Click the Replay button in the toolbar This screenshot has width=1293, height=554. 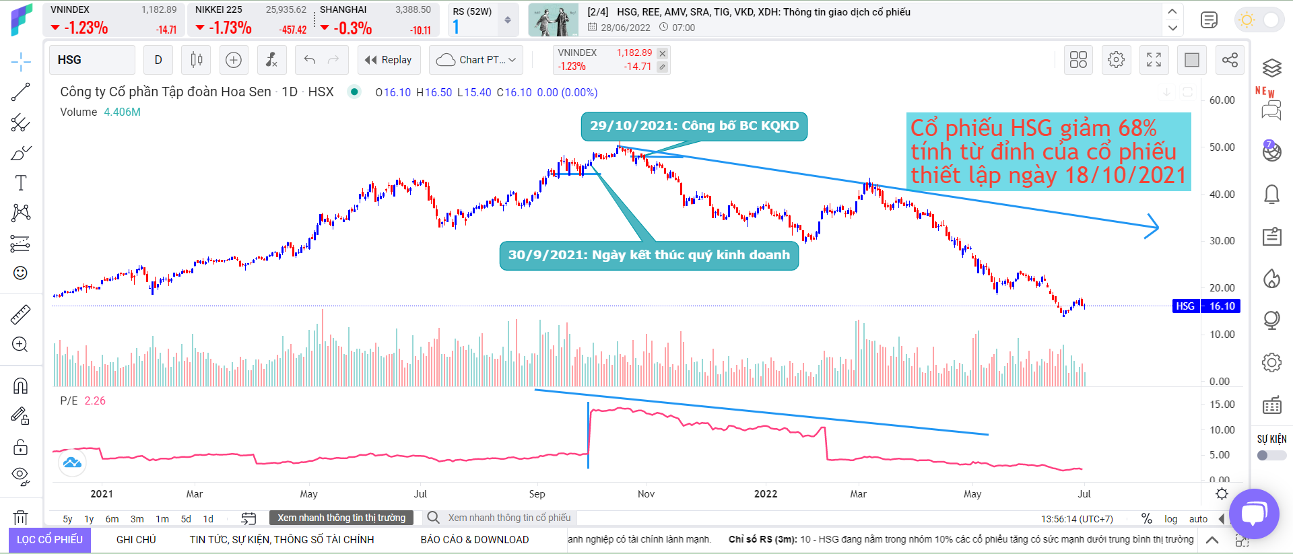pyautogui.click(x=389, y=60)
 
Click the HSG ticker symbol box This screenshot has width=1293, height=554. pyautogui.click(x=92, y=60)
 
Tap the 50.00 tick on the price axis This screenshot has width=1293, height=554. pyautogui.click(x=1222, y=147)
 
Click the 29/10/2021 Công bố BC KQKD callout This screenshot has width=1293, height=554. pyautogui.click(x=694, y=126)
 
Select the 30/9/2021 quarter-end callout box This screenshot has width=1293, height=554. pyautogui.click(x=649, y=255)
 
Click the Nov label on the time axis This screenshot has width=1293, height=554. pyautogui.click(x=646, y=494)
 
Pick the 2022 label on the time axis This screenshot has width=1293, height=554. pyautogui.click(x=765, y=494)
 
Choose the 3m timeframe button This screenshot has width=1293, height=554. pyautogui.click(x=137, y=519)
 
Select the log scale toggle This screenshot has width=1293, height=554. pyautogui.click(x=1171, y=519)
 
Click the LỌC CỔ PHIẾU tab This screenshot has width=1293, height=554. pyautogui.click(x=50, y=540)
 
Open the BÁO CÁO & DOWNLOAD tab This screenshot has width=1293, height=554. pyautogui.click(x=474, y=540)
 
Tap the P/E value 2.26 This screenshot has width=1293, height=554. pyautogui.click(x=95, y=401)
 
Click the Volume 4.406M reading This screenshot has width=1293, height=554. pyautogui.click(x=122, y=112)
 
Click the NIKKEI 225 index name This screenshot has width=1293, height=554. pyautogui.click(x=218, y=9)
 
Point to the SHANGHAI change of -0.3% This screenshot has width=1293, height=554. pyautogui.click(x=352, y=28)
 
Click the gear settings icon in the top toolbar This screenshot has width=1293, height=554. pyautogui.click(x=1116, y=60)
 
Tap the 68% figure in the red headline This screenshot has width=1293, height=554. pyautogui.click(x=1137, y=128)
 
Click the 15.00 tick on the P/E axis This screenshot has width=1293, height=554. pyautogui.click(x=1222, y=405)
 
